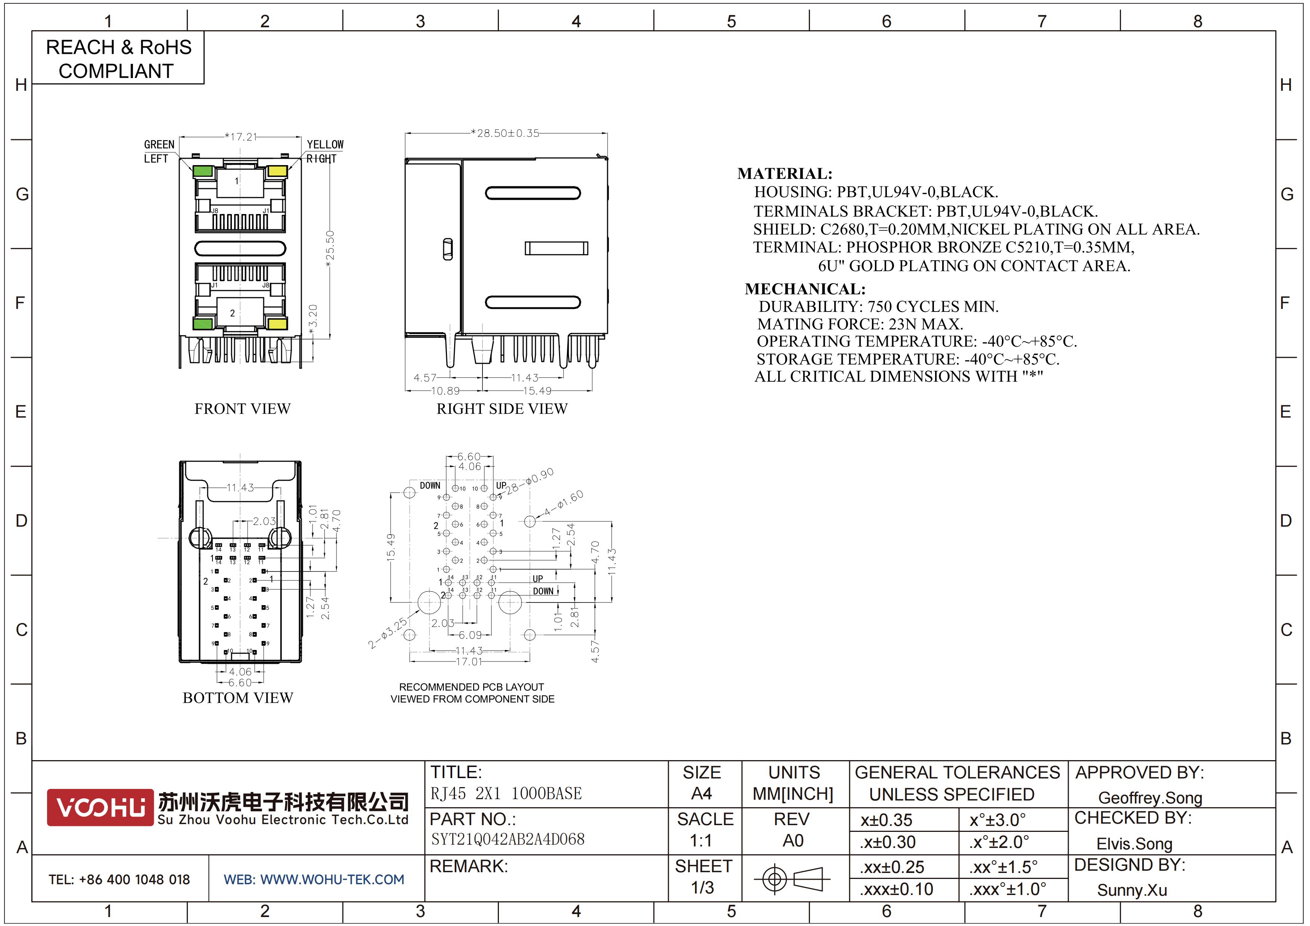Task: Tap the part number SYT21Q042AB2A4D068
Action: pos(508,839)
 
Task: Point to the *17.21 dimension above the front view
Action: pos(241,137)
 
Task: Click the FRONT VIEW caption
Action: pos(242,409)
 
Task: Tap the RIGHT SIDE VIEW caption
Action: pos(502,409)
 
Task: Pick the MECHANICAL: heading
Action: pos(805,289)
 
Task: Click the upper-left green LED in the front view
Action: pos(202,171)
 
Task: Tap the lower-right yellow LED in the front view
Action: pos(278,324)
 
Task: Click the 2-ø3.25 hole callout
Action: pos(388,632)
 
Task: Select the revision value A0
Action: pos(793,840)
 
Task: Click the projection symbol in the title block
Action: pos(792,879)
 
